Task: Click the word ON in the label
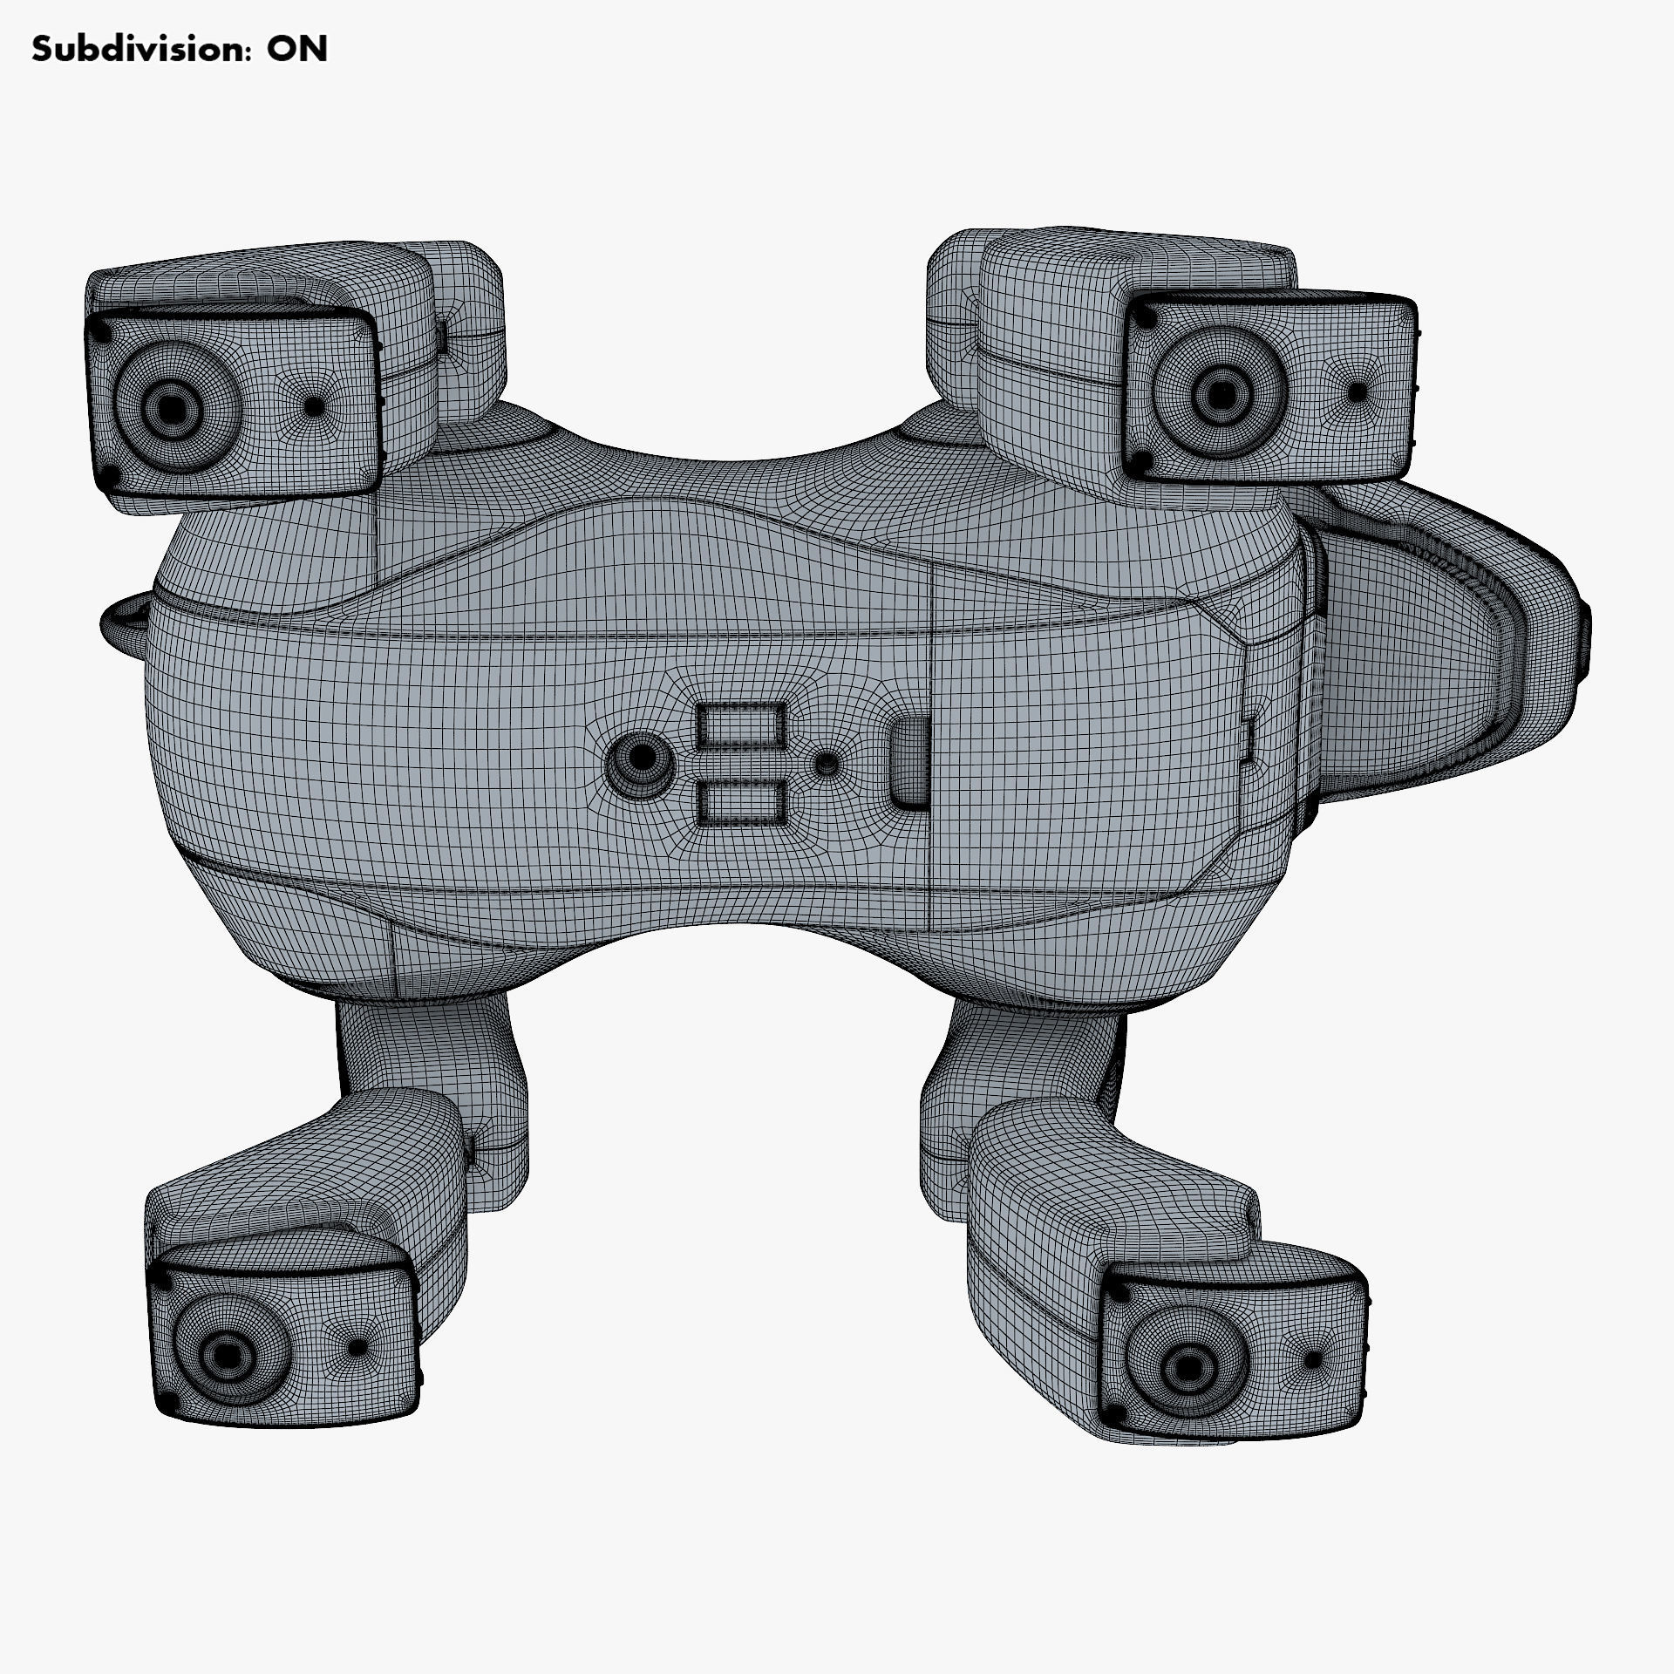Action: click(296, 50)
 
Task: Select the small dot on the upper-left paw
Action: click(312, 405)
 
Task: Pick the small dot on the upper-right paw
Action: click(1357, 391)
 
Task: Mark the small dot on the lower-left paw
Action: click(356, 1371)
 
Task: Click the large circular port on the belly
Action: click(641, 758)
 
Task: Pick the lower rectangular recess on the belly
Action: click(741, 802)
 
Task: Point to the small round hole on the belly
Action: click(826, 765)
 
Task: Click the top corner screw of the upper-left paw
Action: click(103, 332)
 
